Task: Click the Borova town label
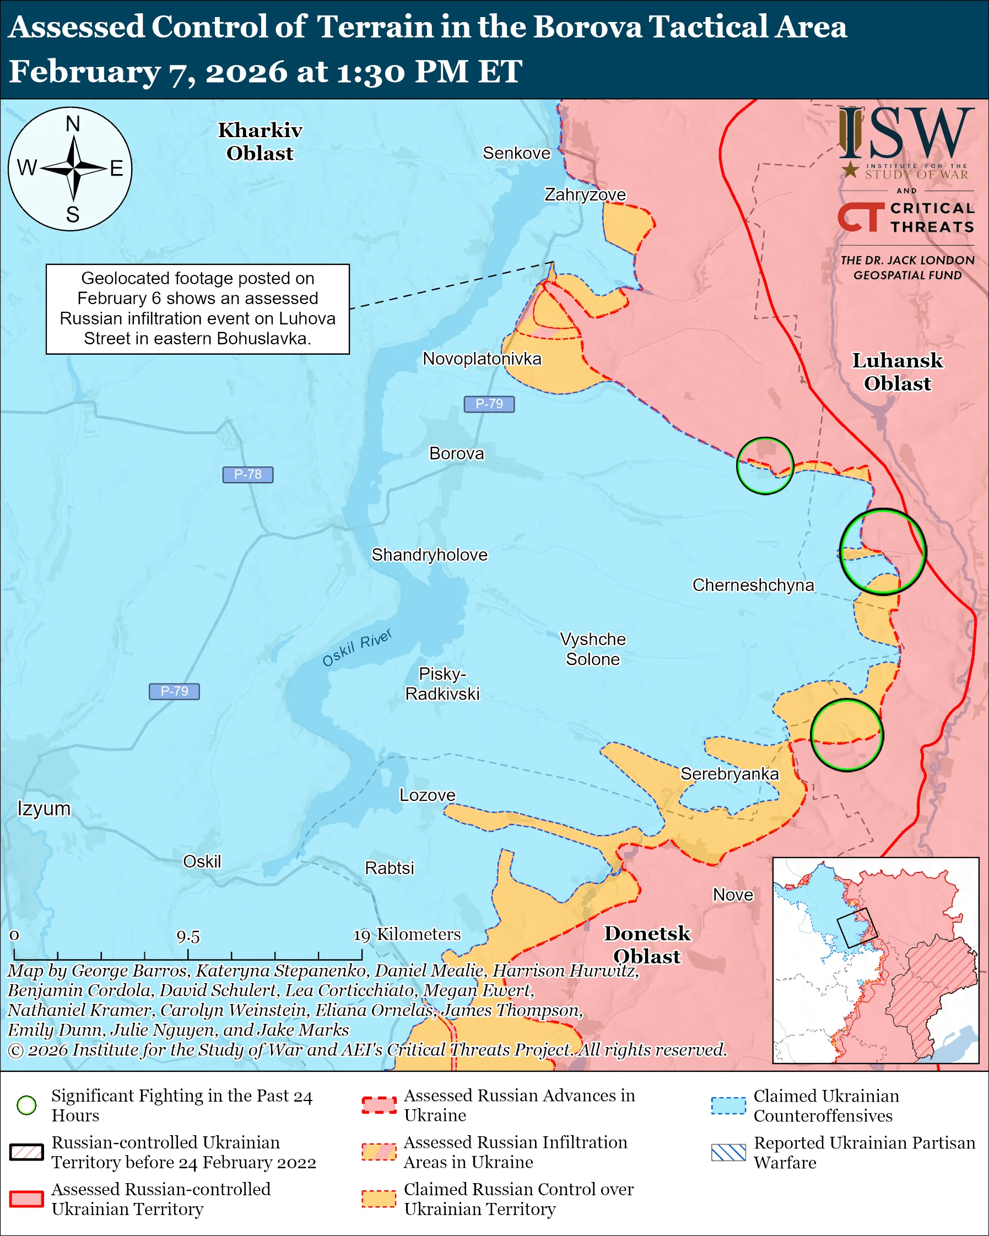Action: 456,453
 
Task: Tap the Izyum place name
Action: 44,809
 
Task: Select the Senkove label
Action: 516,153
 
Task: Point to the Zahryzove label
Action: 585,195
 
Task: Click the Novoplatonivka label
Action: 482,359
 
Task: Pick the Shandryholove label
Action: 429,555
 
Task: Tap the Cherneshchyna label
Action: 753,586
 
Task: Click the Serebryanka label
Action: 729,774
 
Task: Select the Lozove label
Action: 427,795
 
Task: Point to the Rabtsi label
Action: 390,868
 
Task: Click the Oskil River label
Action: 356,648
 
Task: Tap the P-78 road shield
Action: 248,475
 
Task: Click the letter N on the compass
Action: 73,124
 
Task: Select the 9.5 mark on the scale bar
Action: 188,937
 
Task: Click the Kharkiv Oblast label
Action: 260,142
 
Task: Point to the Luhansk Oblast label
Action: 898,372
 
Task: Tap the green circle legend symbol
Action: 27,1105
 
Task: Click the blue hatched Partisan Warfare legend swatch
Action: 728,1152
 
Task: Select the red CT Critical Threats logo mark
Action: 861,217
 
